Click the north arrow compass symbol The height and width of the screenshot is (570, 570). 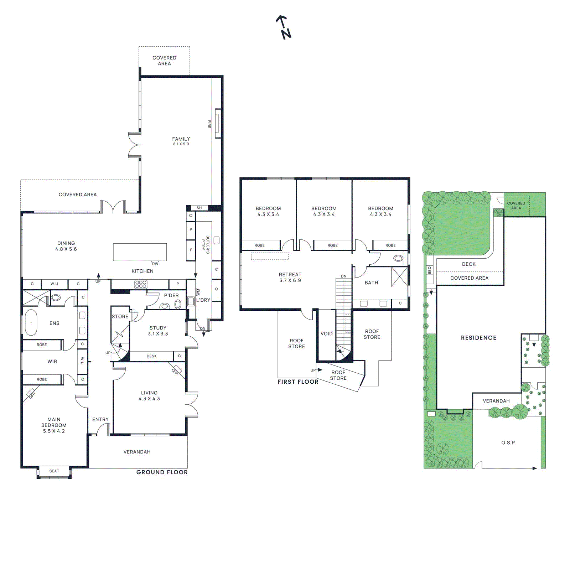pyautogui.click(x=284, y=27)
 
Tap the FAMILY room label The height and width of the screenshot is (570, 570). pyautogui.click(x=181, y=139)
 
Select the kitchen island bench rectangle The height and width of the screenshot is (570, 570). pyautogui.click(x=140, y=252)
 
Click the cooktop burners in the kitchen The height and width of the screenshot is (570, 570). pyautogui.click(x=141, y=284)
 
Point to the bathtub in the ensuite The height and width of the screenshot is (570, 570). pyautogui.click(x=31, y=322)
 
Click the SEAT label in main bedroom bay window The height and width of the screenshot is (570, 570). pyautogui.click(x=54, y=471)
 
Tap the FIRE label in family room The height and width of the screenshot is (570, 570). pyautogui.click(x=209, y=124)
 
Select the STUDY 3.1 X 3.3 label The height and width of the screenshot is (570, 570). pyautogui.click(x=158, y=331)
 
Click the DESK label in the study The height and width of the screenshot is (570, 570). pyautogui.click(x=151, y=356)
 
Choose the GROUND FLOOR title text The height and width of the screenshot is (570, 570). pyautogui.click(x=162, y=472)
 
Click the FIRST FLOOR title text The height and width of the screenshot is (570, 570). pyautogui.click(x=298, y=382)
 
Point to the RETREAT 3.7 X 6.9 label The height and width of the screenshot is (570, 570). pyautogui.click(x=290, y=277)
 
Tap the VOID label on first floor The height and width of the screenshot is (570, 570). pyautogui.click(x=326, y=333)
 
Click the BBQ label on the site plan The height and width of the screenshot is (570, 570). pyautogui.click(x=429, y=270)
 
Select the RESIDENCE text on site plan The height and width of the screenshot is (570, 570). pyautogui.click(x=478, y=337)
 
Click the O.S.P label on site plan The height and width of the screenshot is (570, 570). pyautogui.click(x=508, y=442)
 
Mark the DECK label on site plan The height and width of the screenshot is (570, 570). pyautogui.click(x=468, y=264)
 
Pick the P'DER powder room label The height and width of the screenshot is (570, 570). pyautogui.click(x=171, y=295)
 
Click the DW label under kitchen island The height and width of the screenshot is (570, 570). pyautogui.click(x=155, y=264)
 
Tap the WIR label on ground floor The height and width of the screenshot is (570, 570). pyautogui.click(x=52, y=361)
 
